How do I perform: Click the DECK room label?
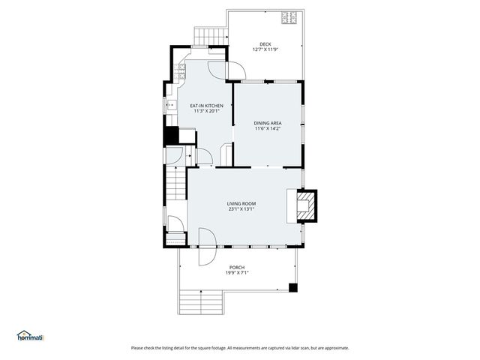(265, 44)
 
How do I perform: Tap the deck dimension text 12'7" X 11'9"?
(265, 50)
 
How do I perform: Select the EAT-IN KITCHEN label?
(206, 106)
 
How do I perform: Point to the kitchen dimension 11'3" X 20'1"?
(206, 112)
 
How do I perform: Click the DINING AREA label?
(268, 122)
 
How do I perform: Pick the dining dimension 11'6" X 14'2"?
(268, 128)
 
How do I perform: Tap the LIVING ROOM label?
(242, 203)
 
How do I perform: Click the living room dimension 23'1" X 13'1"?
(242, 209)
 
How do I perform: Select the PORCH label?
(237, 267)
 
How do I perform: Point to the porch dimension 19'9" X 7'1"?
(237, 273)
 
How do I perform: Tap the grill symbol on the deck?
(289, 18)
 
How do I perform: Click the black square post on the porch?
(293, 286)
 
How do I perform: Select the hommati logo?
(31, 337)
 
